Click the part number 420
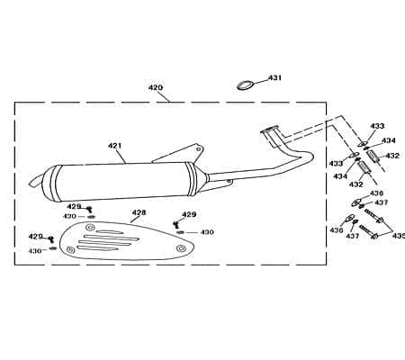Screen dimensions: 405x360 (156, 87)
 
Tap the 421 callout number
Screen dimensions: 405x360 (115, 146)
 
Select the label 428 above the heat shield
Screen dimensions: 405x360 (139, 212)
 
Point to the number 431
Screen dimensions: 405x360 (274, 77)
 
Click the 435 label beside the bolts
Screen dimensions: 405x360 (399, 236)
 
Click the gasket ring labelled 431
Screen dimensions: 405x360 (245, 85)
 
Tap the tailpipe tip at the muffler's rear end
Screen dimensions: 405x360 (36, 182)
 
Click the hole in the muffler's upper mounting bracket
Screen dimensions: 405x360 (198, 148)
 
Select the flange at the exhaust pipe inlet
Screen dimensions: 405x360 (270, 129)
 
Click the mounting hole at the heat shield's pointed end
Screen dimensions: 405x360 (180, 248)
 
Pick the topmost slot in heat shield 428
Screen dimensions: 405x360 (109, 232)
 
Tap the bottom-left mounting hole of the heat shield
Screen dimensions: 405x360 (71, 250)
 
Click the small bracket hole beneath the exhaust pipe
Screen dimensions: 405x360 (229, 182)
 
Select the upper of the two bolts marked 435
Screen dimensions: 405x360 (373, 216)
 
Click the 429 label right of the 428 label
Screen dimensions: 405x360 (189, 214)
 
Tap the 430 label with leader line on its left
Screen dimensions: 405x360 (207, 232)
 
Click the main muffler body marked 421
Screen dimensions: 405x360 (120, 182)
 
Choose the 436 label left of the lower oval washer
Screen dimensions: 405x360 (337, 230)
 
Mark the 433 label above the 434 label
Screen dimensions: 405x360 (377, 126)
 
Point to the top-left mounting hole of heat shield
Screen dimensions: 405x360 (90, 227)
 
